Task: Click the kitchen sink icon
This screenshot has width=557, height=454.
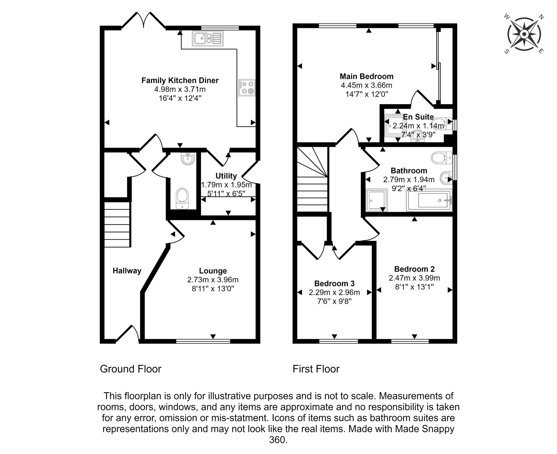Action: point(208,38)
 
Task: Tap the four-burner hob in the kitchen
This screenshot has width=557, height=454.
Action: point(247,88)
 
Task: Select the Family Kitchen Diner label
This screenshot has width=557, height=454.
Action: point(180,80)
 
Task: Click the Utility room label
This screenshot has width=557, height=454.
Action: point(226,176)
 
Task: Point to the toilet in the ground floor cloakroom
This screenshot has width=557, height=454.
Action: point(182,198)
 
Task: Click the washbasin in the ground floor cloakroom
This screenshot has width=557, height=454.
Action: point(188,158)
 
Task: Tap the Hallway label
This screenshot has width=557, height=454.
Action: point(127,271)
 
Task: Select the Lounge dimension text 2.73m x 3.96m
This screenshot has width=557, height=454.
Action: point(213,280)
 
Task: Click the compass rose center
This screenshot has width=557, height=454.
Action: point(524,34)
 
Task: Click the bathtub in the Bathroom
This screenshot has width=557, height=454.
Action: point(429,200)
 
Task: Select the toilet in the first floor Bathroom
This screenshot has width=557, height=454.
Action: point(441,158)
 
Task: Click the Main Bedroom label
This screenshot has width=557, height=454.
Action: point(366,76)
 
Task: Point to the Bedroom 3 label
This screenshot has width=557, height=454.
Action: point(334,283)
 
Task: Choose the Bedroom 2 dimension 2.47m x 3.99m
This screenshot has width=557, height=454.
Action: point(414,278)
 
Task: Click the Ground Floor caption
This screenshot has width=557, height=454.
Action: point(131,369)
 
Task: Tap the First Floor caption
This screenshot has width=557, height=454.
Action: point(316,369)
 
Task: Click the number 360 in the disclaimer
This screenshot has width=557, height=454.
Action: point(278,440)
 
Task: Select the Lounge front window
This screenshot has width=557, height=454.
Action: point(203,341)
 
